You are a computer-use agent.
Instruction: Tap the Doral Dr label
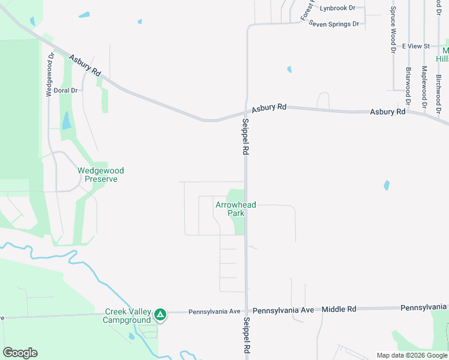(66, 91)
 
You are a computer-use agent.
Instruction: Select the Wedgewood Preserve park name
(101, 175)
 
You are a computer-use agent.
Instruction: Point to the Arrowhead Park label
(235, 209)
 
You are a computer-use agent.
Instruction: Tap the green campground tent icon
(160, 314)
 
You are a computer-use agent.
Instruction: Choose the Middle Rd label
(339, 309)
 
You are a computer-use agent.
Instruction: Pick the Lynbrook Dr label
(337, 8)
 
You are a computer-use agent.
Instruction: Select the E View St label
(416, 46)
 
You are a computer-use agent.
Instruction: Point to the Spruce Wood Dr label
(393, 30)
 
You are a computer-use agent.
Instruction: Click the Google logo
(20, 353)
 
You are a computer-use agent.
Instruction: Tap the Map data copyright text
(411, 355)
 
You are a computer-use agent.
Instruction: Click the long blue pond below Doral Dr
(65, 121)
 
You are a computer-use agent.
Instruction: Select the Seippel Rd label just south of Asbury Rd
(246, 137)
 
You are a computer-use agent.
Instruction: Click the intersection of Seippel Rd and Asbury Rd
(246, 112)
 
